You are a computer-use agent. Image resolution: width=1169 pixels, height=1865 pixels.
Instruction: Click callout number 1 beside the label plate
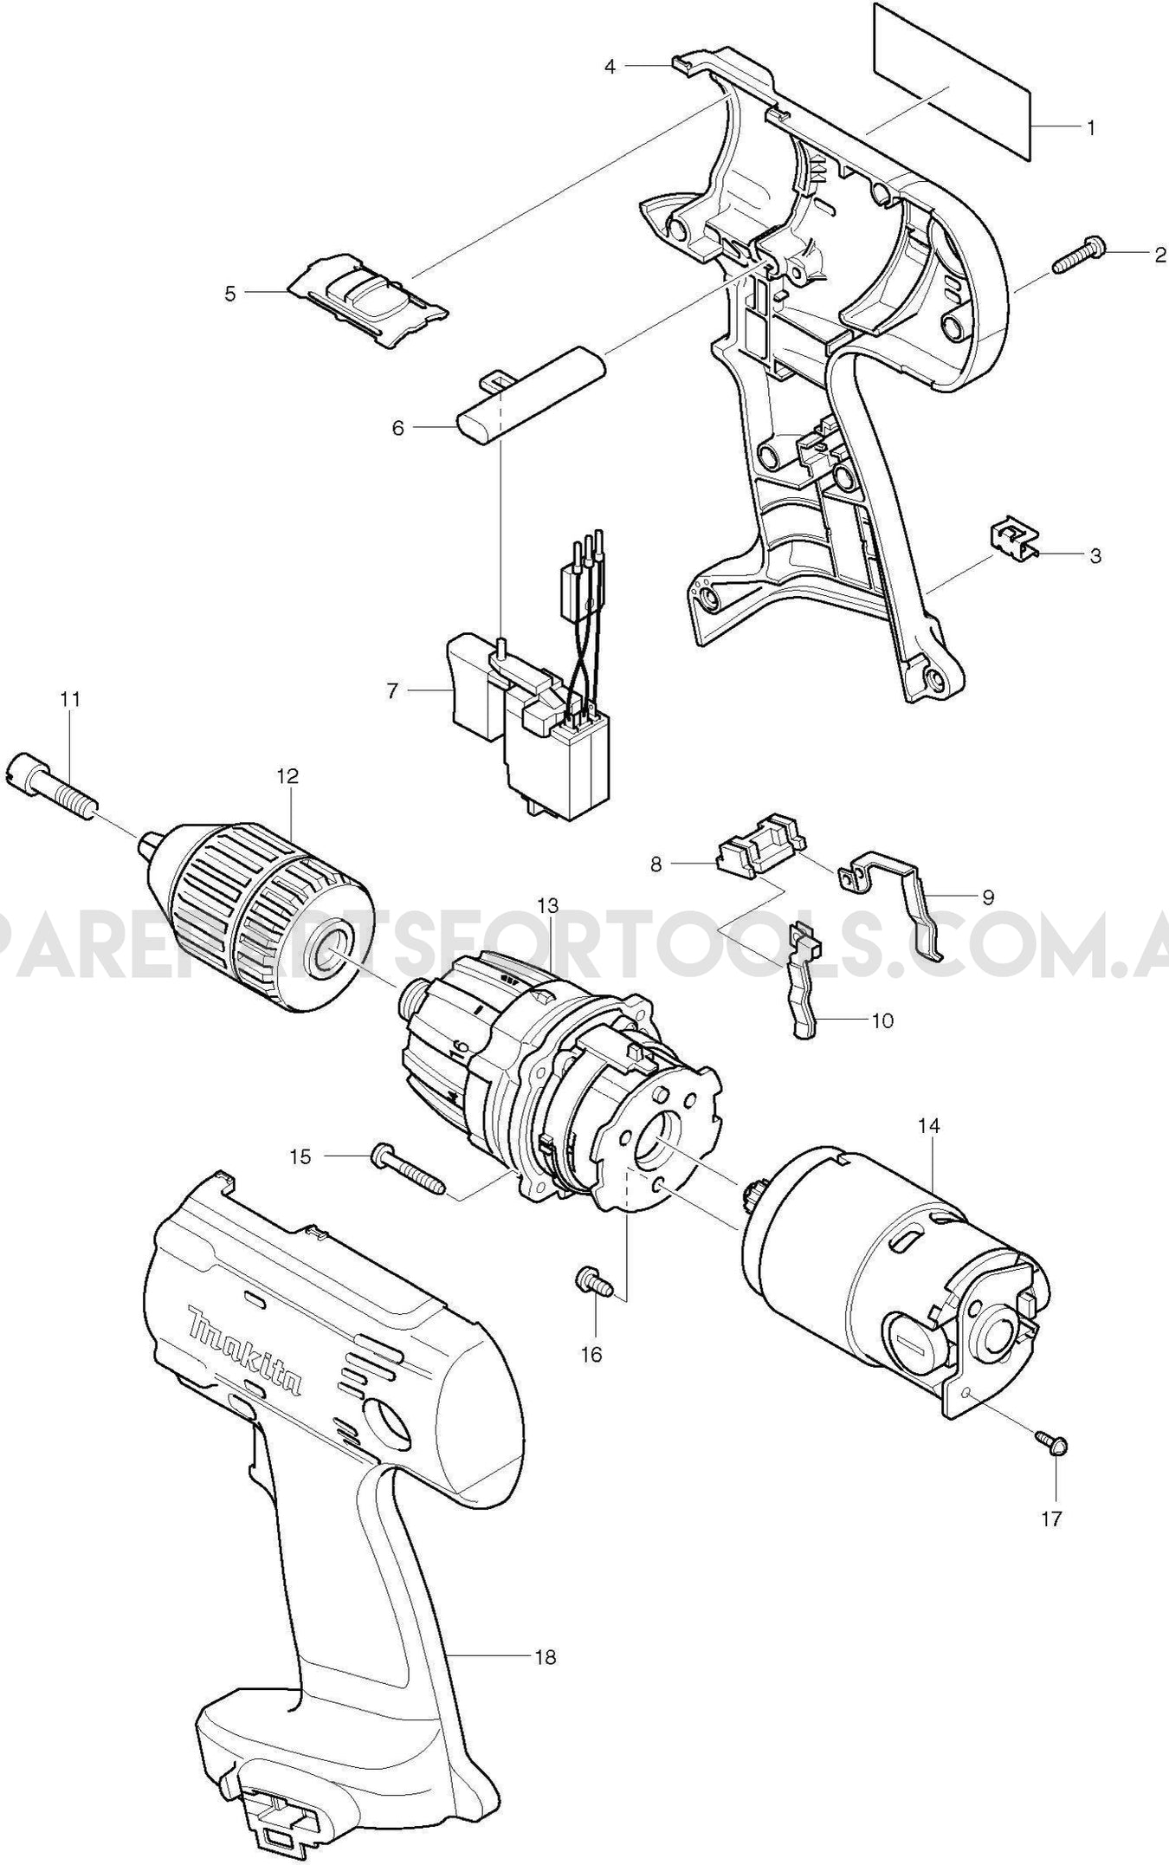(x=1091, y=128)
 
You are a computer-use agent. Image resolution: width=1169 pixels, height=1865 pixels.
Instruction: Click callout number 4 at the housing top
(x=610, y=66)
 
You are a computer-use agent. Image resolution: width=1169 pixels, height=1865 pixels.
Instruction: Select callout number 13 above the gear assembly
(x=547, y=905)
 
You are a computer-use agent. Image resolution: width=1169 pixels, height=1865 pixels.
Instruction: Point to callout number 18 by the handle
(x=546, y=1657)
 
